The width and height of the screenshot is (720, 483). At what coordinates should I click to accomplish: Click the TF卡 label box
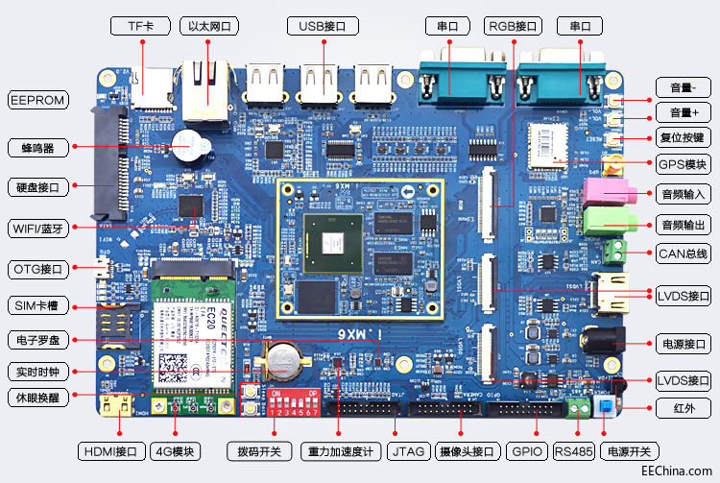click(x=141, y=26)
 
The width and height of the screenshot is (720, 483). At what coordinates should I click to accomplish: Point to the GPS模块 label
click(x=683, y=164)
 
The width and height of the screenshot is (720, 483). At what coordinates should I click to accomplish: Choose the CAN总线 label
click(x=683, y=254)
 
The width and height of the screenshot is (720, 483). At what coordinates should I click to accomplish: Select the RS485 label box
click(x=574, y=451)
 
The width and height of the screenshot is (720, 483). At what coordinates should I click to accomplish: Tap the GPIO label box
click(x=527, y=451)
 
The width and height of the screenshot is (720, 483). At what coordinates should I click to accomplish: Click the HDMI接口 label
click(x=112, y=451)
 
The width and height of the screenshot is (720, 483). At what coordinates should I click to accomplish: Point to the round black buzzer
click(x=189, y=145)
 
